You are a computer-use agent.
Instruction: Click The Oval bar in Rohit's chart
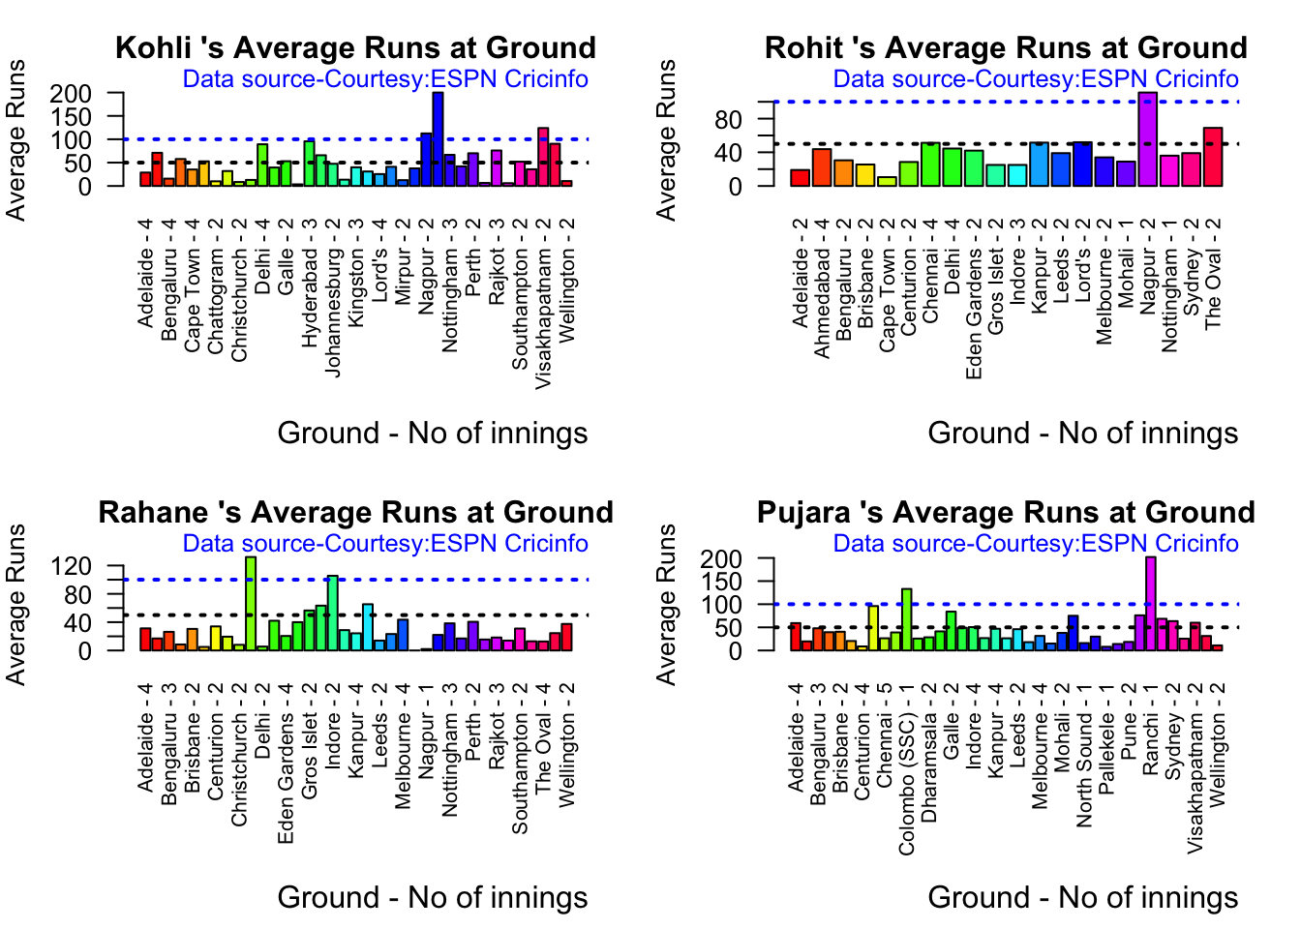pyautogui.click(x=1213, y=156)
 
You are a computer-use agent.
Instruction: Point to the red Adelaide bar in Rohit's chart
pyautogui.click(x=800, y=177)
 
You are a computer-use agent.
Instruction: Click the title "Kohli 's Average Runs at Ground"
pyautogui.click(x=355, y=48)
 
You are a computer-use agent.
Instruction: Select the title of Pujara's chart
pyautogui.click(x=1006, y=513)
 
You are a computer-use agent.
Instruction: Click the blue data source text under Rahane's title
pyautogui.click(x=385, y=544)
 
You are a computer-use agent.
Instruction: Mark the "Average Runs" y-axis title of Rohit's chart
pyautogui.click(x=667, y=139)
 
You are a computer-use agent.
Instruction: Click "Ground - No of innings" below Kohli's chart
pyautogui.click(x=432, y=433)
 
